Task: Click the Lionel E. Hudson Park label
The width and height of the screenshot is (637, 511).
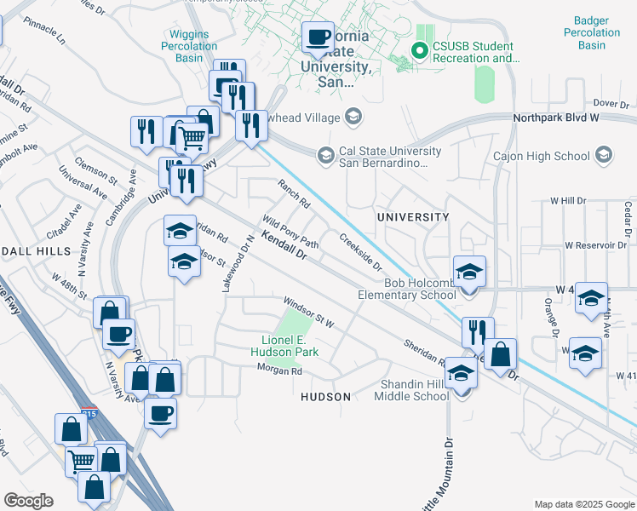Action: click(x=289, y=346)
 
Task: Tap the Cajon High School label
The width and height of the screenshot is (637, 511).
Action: click(x=541, y=156)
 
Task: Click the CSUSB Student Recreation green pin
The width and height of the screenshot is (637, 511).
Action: click(x=419, y=51)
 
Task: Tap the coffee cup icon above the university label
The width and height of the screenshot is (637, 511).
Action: click(x=318, y=37)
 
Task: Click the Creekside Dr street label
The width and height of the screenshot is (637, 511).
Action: click(x=360, y=253)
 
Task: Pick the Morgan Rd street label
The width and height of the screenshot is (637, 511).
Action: click(x=280, y=370)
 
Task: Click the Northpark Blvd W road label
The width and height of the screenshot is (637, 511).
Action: click(x=552, y=119)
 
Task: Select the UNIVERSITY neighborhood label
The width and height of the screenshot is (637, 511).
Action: click(x=414, y=217)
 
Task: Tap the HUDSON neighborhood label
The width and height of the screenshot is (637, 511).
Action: click(x=326, y=397)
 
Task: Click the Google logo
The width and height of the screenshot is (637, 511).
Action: click(x=27, y=501)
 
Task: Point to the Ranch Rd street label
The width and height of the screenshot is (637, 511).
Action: click(x=294, y=193)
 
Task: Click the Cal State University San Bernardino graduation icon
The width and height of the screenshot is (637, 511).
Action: click(x=324, y=156)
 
